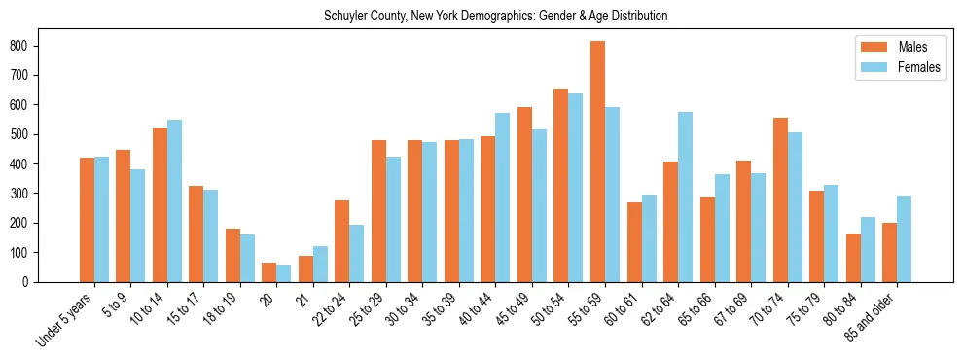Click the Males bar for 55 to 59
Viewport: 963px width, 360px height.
597,162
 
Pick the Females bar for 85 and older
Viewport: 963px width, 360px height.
904,238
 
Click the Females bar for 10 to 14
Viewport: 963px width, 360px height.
174,200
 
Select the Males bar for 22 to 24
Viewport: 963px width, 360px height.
342,241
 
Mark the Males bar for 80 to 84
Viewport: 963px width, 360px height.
853,258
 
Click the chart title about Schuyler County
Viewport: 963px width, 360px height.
495,17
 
